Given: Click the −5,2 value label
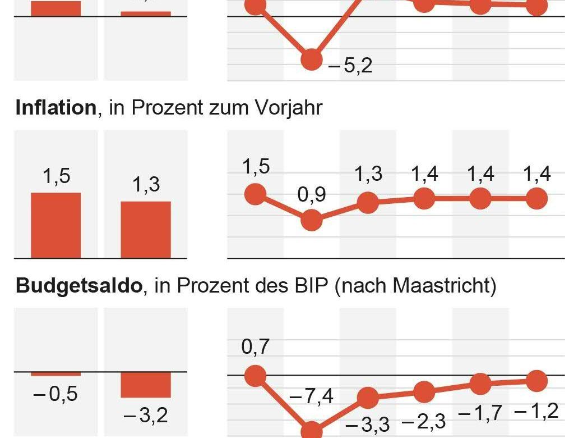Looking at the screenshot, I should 350,66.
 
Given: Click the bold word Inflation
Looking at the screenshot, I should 56,107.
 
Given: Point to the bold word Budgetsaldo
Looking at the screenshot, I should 78,286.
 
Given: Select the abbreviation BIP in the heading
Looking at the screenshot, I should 306,286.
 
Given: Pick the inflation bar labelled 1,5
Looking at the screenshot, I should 55,225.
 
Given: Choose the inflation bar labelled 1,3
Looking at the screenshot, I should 146,230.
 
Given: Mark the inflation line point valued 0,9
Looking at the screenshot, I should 312,220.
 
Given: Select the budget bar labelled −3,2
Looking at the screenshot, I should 146,385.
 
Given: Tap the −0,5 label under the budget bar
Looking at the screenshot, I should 55,394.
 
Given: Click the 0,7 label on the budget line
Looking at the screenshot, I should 256,347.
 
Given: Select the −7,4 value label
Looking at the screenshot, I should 312,397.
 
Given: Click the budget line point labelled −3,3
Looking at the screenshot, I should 368,398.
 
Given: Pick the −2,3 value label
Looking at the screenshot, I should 424,421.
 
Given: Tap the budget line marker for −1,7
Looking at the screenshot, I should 480,384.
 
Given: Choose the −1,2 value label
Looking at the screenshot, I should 536,412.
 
